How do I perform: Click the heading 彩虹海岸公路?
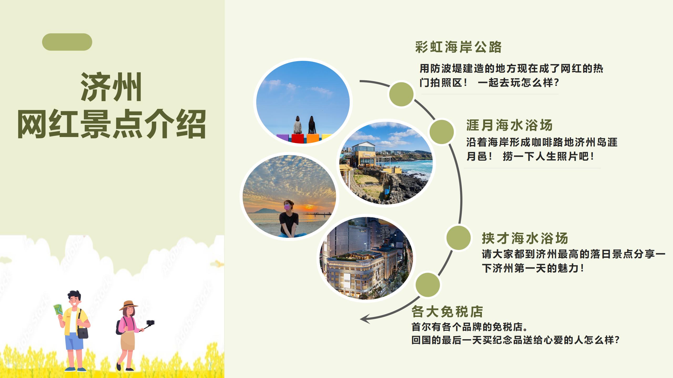click(x=458, y=47)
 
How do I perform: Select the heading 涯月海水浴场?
click(x=509, y=125)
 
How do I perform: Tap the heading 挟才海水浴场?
click(x=525, y=238)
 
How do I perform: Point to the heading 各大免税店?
click(x=447, y=312)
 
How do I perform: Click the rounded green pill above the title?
click(x=67, y=42)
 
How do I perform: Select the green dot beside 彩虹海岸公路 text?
click(x=401, y=94)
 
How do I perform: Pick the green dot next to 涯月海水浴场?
click(x=442, y=132)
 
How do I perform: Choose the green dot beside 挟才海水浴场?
click(x=458, y=238)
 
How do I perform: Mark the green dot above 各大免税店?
click(x=427, y=285)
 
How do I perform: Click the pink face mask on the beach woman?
click(x=287, y=207)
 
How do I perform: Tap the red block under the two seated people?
click(x=298, y=138)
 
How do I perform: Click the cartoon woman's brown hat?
click(x=129, y=306)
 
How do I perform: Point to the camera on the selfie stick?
click(x=150, y=323)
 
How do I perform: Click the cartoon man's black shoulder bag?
click(x=83, y=333)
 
